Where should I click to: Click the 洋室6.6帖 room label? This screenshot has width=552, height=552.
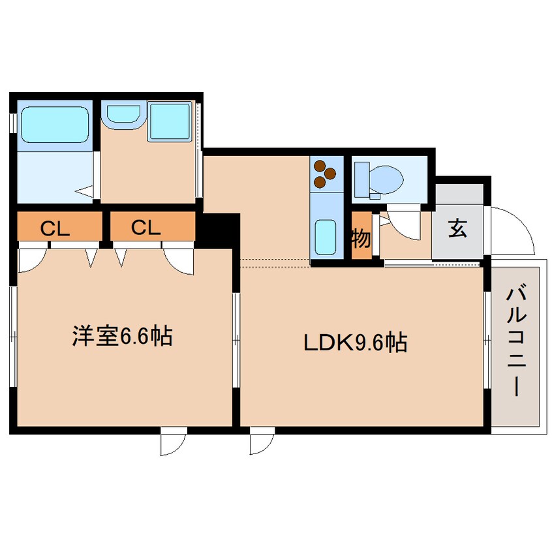coord(122,337)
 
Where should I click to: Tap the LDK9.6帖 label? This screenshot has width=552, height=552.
coord(355,342)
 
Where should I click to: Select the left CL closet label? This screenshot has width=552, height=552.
coord(55,228)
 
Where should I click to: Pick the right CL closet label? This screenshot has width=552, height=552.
coord(146,228)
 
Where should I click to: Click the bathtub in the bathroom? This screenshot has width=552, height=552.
coord(54,125)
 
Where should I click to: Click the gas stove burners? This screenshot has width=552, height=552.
coord(324,172)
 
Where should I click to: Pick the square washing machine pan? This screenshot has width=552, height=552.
coord(170,121)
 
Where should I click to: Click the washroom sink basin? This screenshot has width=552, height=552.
coord(122,114)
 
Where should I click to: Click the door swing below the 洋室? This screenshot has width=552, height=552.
coord(174,442)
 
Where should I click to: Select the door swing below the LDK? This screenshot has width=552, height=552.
coord(261,442)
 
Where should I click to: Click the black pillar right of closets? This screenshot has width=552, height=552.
coord(219,228)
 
